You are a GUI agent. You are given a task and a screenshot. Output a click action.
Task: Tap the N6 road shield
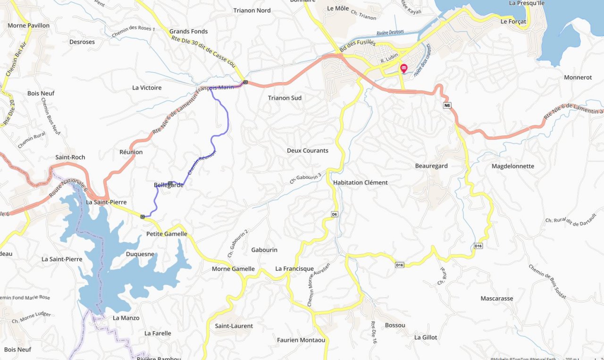[447, 105]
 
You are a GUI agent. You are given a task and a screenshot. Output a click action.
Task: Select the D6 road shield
[334, 214]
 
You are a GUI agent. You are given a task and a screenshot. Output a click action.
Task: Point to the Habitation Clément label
[360, 183]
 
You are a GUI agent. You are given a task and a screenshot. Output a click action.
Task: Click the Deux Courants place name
[307, 151]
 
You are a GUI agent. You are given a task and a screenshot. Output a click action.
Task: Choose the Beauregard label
[431, 166]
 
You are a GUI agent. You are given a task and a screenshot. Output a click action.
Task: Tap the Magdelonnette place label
[512, 166]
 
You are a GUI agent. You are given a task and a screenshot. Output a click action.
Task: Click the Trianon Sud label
[285, 98]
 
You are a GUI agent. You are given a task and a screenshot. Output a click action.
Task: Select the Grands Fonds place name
[188, 32]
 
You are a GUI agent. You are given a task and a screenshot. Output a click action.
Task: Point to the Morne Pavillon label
[28, 25]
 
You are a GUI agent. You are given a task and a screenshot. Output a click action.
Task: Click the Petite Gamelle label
[167, 234]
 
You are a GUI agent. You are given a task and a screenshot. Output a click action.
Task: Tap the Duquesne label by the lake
[140, 254]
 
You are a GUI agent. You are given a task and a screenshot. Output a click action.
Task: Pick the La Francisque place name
[294, 269]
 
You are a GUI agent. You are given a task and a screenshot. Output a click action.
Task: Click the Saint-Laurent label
[234, 326]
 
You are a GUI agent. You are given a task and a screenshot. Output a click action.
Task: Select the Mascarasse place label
[496, 299]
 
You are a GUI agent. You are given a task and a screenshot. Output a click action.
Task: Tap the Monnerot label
[578, 77]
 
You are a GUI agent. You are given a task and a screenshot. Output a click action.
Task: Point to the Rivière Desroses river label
[391, 33]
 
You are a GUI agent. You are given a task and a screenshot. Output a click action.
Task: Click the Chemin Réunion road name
[202, 163]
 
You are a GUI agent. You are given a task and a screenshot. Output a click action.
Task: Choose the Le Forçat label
[513, 22]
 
